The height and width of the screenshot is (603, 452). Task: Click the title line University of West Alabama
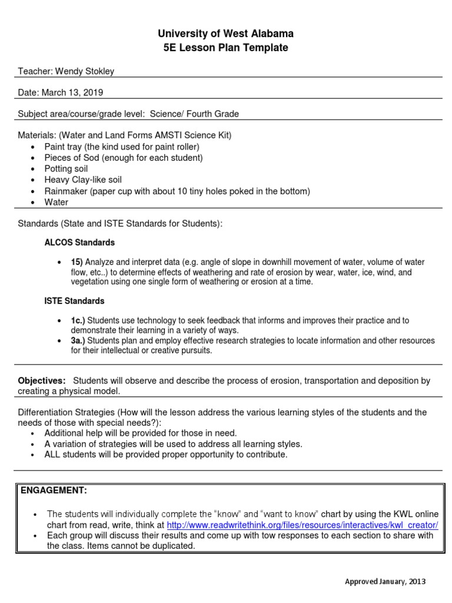pos(226,34)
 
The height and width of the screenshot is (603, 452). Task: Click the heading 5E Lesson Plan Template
pos(226,48)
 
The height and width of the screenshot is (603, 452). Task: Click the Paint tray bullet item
pos(122,146)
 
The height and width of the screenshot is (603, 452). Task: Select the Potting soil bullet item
pos(66,168)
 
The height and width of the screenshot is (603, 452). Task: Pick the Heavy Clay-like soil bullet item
pos(83,180)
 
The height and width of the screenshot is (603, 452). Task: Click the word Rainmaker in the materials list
pos(66,191)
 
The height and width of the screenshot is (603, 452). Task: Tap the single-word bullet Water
pos(56,202)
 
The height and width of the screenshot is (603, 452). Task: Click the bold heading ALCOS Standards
pos(79,243)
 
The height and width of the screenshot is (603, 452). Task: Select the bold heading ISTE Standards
pos(74,301)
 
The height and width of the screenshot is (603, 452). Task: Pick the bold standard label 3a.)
pos(78,340)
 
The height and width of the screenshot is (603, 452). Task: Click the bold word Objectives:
pos(42,381)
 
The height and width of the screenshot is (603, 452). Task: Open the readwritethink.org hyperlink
pos(303,525)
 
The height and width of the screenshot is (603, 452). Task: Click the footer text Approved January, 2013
pos(384,582)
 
